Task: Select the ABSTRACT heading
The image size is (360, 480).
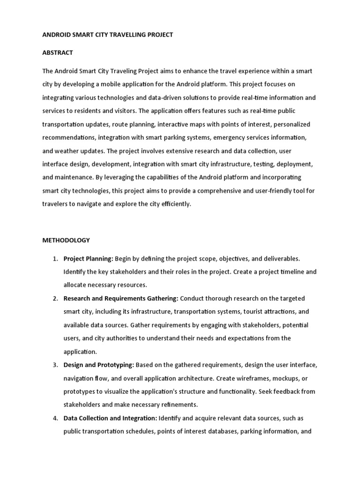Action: click(x=58, y=52)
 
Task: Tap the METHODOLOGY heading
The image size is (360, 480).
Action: click(x=66, y=240)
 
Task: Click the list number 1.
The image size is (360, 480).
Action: click(x=55, y=258)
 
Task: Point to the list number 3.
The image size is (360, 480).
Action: click(x=55, y=365)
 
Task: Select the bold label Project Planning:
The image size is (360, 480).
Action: click(x=88, y=258)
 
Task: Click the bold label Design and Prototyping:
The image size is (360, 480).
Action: click(x=99, y=365)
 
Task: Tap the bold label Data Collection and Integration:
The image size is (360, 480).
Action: click(x=111, y=418)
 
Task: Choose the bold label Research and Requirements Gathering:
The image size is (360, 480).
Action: click(x=121, y=298)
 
